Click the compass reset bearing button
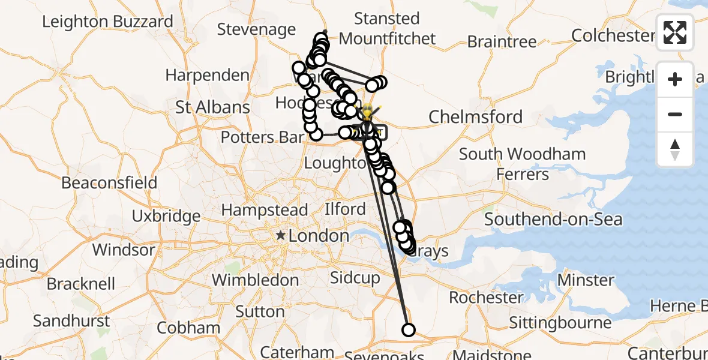click(x=675, y=149)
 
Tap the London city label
click(x=318, y=236)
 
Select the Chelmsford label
click(x=476, y=116)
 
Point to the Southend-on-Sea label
click(x=553, y=220)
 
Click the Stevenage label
click(x=256, y=29)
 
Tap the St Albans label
click(x=212, y=107)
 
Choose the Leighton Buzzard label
click(x=107, y=22)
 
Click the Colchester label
click(x=612, y=35)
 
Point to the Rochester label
click(x=486, y=298)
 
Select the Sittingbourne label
click(x=560, y=323)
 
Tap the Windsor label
click(x=124, y=249)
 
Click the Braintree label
click(x=502, y=41)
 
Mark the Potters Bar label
click(x=262, y=137)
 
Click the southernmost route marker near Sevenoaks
click(x=408, y=329)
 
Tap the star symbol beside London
click(x=280, y=236)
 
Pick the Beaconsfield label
click(x=109, y=183)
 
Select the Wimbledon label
click(x=255, y=280)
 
